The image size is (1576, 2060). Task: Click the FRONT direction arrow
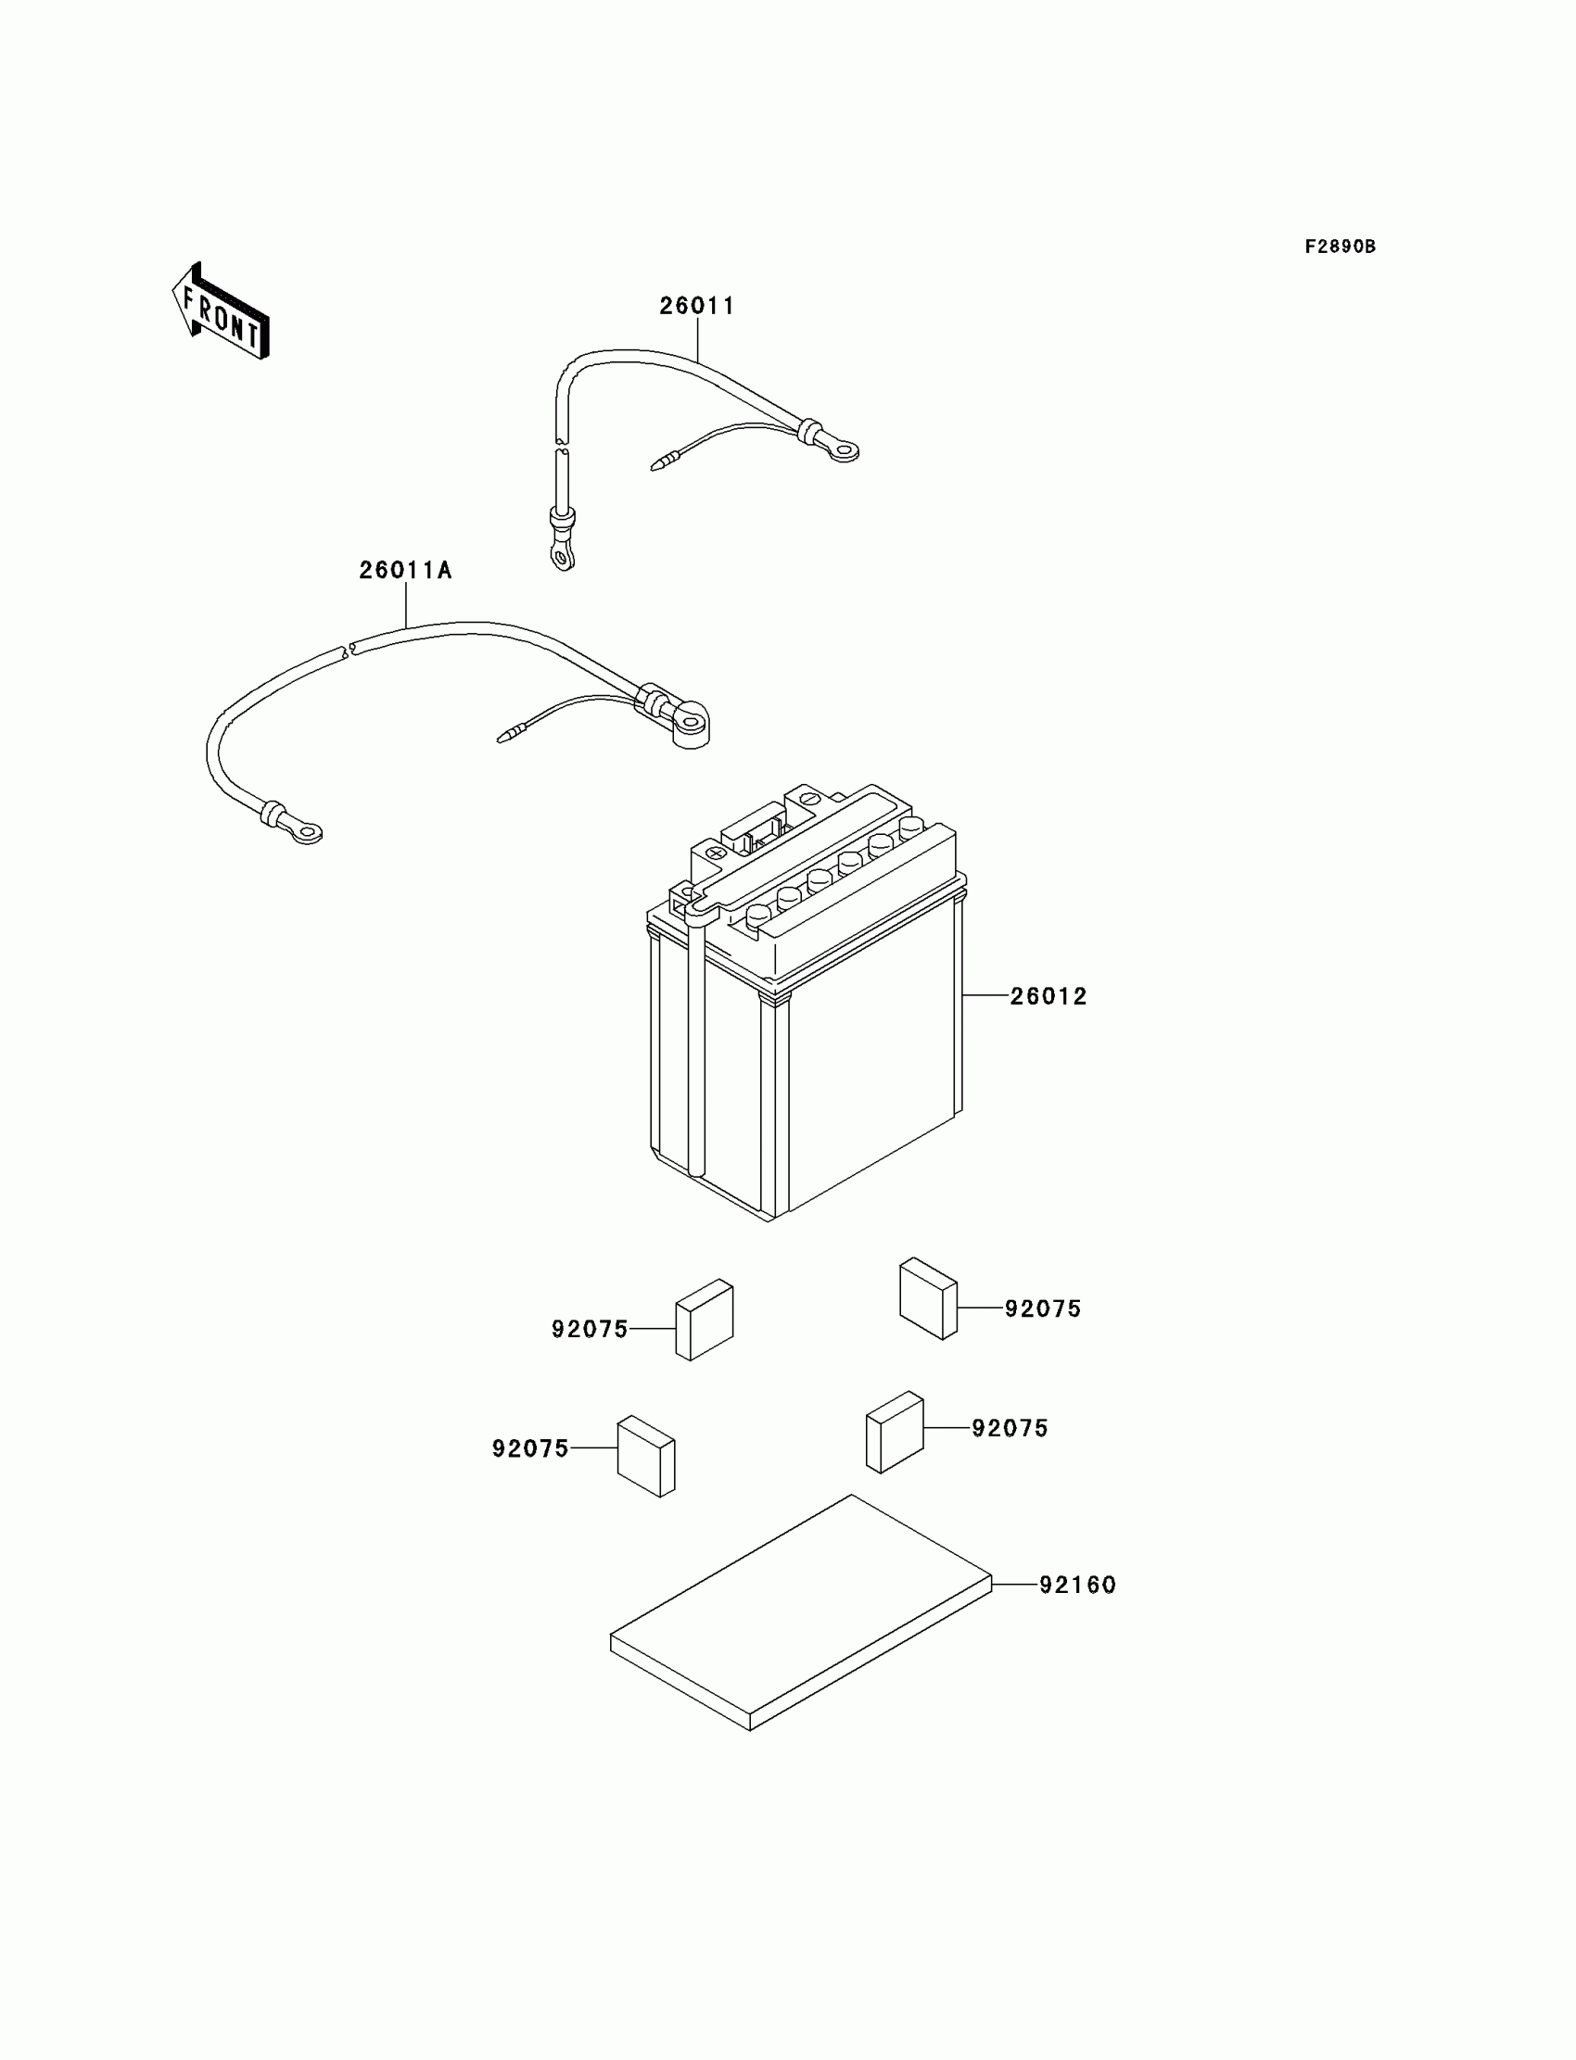tap(222, 312)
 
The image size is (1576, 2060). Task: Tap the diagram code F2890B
tap(1340, 246)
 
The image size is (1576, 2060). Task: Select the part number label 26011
tap(697, 306)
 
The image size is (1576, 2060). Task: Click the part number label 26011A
tap(405, 570)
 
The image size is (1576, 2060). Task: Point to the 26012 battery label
tap(1048, 996)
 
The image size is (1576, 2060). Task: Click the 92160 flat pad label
tap(1077, 1585)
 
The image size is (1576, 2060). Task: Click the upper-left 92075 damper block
tap(705, 1320)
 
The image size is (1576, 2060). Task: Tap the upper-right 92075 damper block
tap(928, 1298)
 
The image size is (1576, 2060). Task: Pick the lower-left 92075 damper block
tap(645, 1456)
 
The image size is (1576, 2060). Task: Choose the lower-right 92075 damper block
tap(894, 1432)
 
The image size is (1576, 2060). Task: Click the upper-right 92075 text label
tap(1042, 1309)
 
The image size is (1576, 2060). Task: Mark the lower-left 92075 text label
tap(530, 1448)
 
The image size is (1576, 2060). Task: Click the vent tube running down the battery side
tap(696, 1041)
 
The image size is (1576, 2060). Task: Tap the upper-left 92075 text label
tap(589, 1330)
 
